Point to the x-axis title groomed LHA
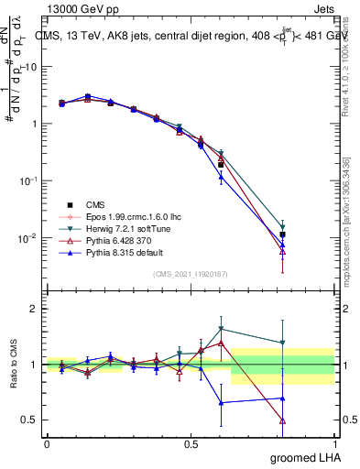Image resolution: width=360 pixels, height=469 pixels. tap(307, 457)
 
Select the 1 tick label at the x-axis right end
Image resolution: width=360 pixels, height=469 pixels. tap(333, 443)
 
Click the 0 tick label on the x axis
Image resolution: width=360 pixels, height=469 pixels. tap(47, 443)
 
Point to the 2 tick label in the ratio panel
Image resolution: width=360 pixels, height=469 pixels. tap(32, 309)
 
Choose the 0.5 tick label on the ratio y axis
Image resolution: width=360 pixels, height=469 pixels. tap(27, 420)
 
